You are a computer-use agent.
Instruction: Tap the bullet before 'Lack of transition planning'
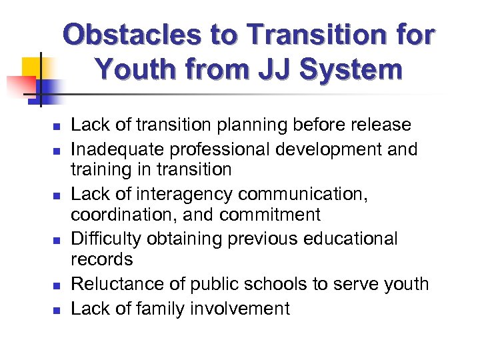click(x=57, y=125)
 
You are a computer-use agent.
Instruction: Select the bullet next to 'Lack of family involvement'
click(x=57, y=309)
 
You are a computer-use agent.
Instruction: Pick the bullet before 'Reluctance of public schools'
click(x=57, y=285)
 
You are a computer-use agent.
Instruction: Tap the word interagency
click(x=175, y=193)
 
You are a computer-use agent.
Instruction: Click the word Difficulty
click(x=104, y=239)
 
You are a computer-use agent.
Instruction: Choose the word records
click(x=101, y=260)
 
